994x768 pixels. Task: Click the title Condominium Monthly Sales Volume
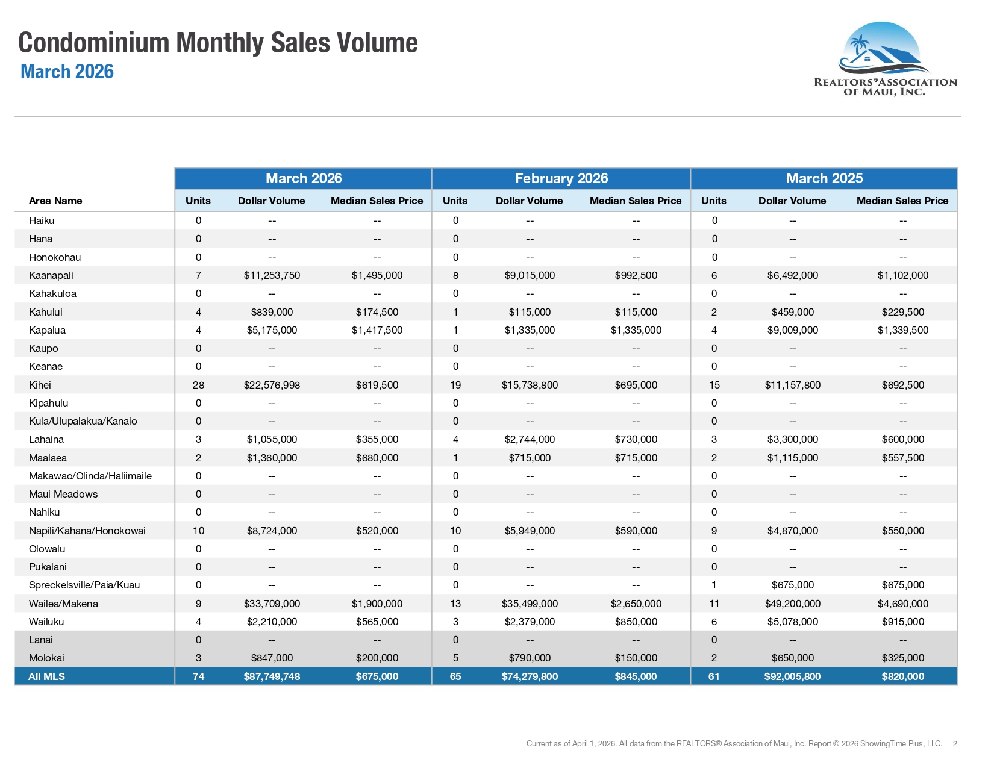pos(217,43)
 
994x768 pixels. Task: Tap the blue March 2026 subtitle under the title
pos(67,72)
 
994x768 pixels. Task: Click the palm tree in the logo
pos(858,46)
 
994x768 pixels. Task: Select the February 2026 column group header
pos(561,178)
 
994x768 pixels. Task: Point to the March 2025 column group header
pos(824,178)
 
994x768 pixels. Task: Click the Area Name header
pos(55,201)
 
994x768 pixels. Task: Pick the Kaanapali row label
pos(51,275)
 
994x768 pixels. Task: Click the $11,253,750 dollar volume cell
pos(272,275)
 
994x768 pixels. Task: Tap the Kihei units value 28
pos(198,385)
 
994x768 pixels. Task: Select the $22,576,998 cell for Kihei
pos(272,385)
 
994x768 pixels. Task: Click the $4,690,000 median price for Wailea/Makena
pos(902,604)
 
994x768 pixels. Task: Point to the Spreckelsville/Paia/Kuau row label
pos(84,585)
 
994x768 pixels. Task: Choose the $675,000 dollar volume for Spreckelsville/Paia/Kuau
pos(792,585)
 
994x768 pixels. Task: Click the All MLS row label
pos(46,676)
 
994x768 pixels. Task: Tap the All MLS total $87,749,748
pos(272,676)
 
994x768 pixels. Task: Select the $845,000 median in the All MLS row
pos(636,676)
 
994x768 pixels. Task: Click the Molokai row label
pos(46,658)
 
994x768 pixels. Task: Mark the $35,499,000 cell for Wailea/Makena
pos(530,604)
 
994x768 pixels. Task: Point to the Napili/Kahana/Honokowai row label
pos(87,531)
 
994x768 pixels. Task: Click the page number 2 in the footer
pos(955,744)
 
